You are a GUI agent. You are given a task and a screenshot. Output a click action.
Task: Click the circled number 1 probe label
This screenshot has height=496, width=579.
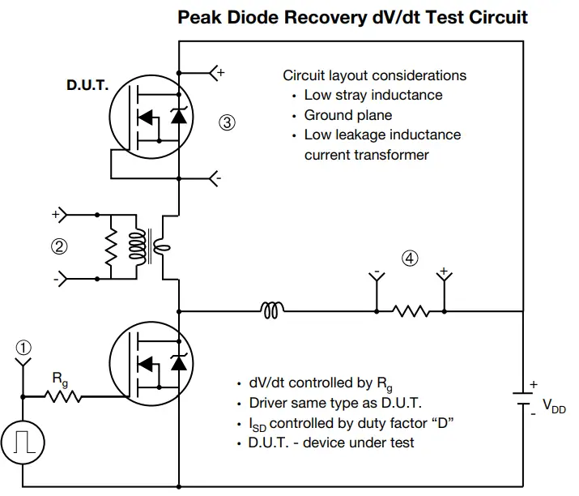24,346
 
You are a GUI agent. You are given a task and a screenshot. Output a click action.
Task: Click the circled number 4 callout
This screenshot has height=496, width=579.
411,259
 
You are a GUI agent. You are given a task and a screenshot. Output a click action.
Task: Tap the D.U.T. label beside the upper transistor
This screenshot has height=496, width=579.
87,85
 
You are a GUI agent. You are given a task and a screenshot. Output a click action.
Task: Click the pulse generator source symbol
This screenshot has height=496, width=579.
24,442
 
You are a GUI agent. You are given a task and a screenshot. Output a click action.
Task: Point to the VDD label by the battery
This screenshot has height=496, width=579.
553,406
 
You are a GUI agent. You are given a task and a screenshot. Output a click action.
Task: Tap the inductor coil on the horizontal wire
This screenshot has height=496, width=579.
273,310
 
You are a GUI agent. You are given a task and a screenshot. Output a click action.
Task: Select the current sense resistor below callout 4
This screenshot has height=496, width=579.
410,310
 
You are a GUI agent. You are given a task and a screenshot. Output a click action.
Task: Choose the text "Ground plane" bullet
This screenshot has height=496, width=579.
348,115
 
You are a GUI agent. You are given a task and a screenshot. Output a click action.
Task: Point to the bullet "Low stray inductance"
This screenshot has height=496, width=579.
373,95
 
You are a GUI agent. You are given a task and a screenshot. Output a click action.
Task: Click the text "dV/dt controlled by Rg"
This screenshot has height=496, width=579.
315,383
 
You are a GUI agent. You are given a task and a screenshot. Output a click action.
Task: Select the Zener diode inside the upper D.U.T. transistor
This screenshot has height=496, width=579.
177,118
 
